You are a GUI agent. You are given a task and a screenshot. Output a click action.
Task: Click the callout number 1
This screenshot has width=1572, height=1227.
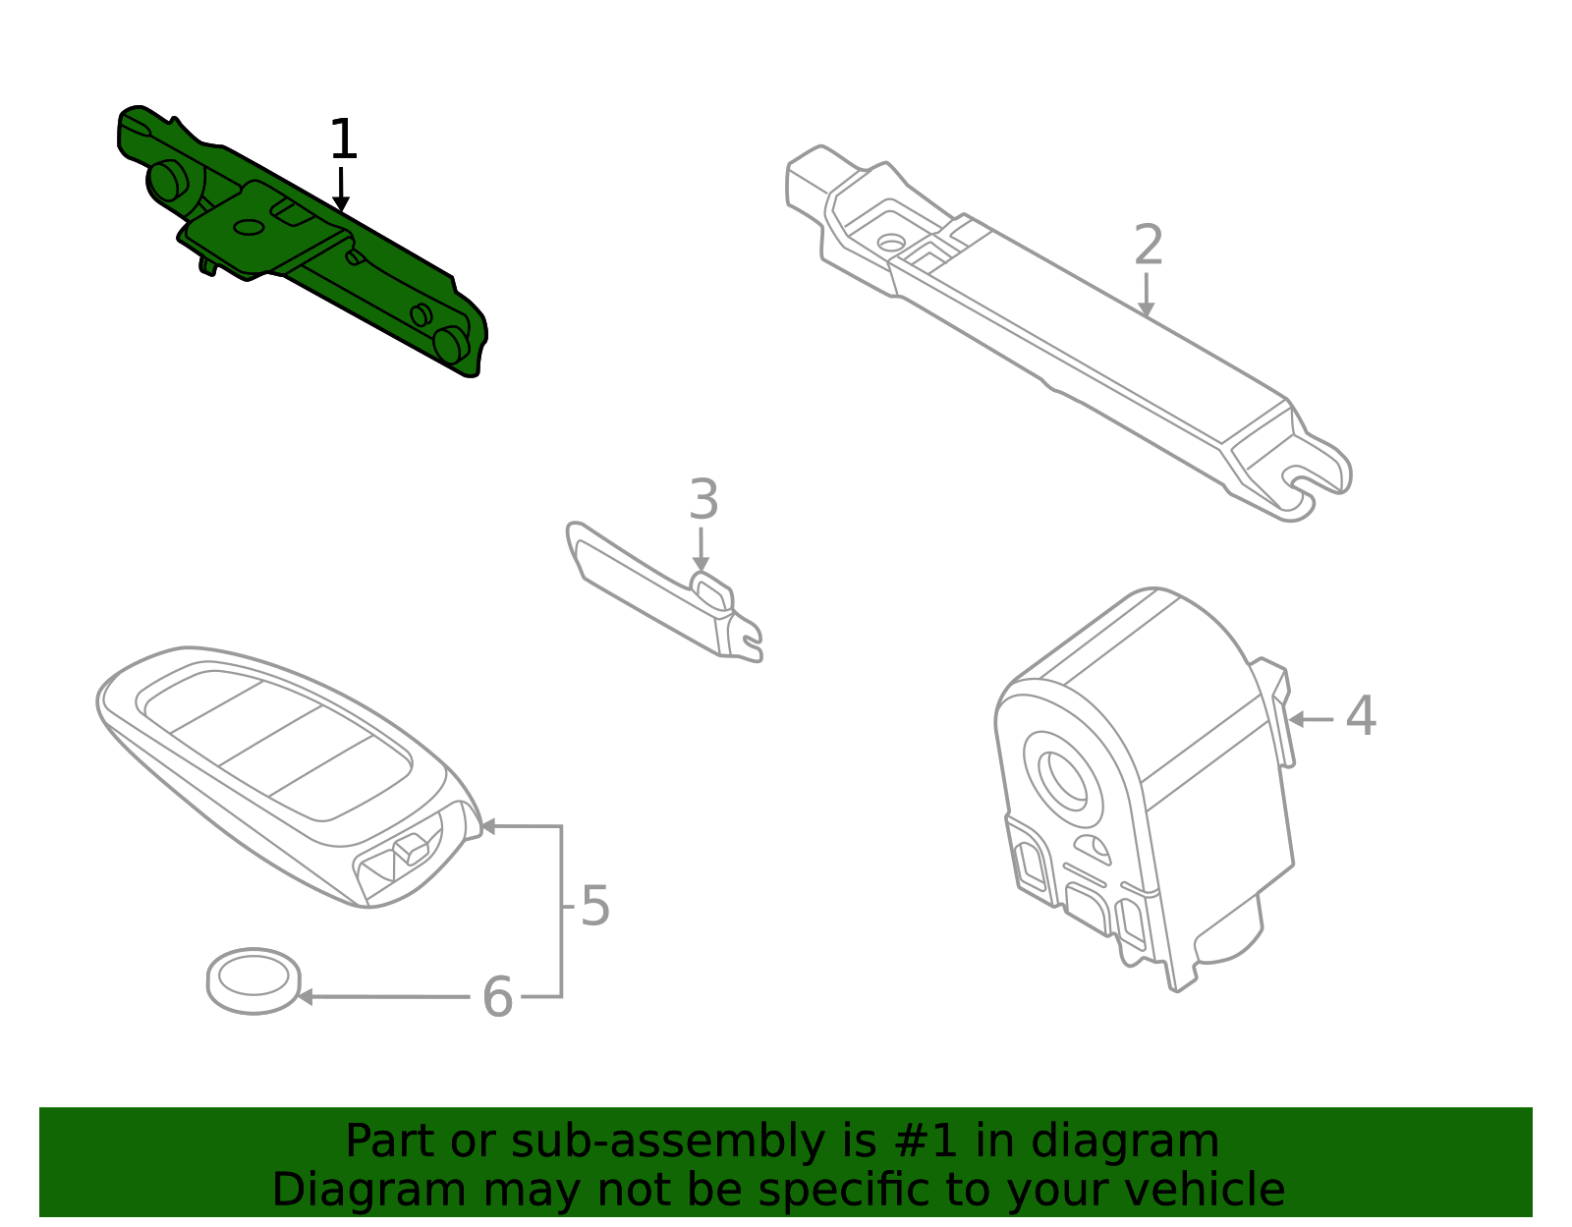pos(342,139)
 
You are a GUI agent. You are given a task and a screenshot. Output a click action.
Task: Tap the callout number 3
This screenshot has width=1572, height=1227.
pos(703,500)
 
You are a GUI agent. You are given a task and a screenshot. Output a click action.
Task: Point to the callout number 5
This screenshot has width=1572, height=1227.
pos(595,906)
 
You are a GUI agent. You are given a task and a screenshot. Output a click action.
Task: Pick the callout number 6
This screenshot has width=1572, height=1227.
pos(497,997)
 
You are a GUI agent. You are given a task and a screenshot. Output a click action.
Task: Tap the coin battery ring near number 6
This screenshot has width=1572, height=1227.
pos(253,979)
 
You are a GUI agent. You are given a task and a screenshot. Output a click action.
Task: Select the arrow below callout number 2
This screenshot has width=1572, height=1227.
pos(1146,296)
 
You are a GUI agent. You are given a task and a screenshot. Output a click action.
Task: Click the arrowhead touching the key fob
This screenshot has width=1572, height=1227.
pos(486,826)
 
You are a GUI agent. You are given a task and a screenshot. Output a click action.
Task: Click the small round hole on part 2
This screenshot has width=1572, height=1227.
pos(891,241)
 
